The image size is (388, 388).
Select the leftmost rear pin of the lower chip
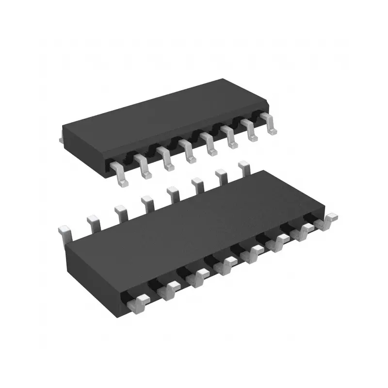pos(65,232)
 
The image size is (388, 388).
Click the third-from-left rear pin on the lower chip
pos(120,213)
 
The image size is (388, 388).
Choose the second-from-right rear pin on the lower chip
pos(222,177)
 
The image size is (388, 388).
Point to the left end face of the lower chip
pos(92,281)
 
